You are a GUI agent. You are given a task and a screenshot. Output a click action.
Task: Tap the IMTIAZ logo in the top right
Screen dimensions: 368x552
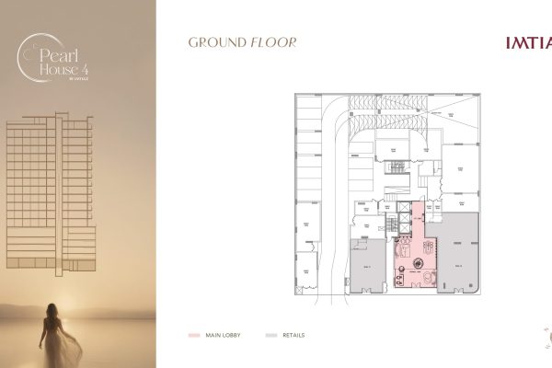point(528,42)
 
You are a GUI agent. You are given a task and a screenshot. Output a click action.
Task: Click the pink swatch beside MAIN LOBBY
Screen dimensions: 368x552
point(193,336)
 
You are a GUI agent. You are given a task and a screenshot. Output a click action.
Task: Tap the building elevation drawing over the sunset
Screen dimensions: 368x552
point(51,193)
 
